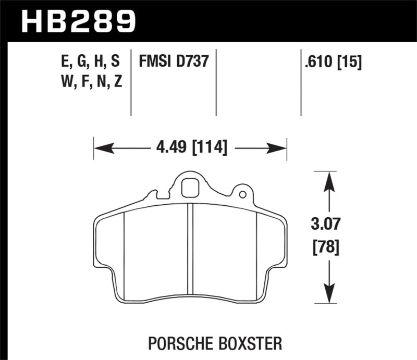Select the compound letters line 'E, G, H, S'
[x=89, y=63]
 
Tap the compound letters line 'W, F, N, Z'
[x=89, y=81]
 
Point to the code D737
[x=192, y=63]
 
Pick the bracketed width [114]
[x=210, y=148]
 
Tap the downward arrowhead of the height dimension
[x=328, y=293]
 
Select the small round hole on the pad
[x=242, y=195]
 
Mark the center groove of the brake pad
[x=190, y=253]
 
